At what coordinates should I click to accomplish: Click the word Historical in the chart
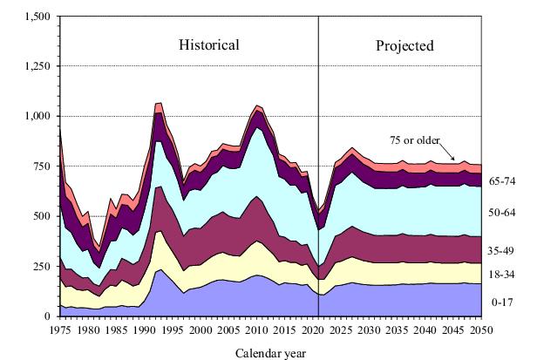[x=209, y=44]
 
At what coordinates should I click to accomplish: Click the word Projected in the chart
[x=405, y=44]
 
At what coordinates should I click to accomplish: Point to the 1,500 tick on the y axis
[x=35, y=17]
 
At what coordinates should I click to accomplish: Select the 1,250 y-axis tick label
[x=35, y=66]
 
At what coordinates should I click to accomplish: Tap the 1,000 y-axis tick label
[x=35, y=116]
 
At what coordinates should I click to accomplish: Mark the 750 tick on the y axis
[x=40, y=166]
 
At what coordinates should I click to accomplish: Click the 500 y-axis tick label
[x=40, y=215]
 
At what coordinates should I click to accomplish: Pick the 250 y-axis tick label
[x=40, y=265]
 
